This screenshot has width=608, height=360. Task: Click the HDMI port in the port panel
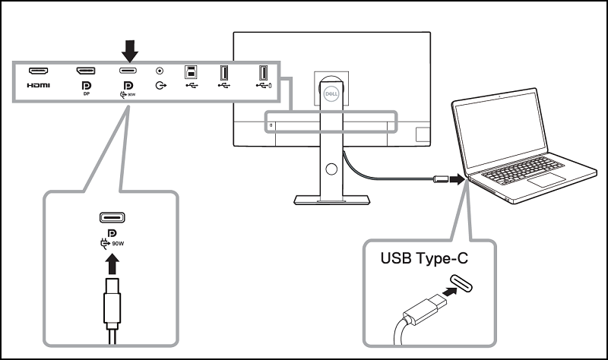[39, 71]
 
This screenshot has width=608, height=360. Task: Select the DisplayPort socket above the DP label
[85, 71]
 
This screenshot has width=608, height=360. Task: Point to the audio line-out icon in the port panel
[160, 86]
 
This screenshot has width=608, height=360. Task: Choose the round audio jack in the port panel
[160, 71]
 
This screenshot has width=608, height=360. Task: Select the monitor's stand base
[331, 199]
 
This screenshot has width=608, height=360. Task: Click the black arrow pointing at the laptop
[455, 181]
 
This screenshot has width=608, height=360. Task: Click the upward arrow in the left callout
[112, 266]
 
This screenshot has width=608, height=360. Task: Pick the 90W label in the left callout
[118, 245]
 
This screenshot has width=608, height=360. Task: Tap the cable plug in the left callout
[112, 302]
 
